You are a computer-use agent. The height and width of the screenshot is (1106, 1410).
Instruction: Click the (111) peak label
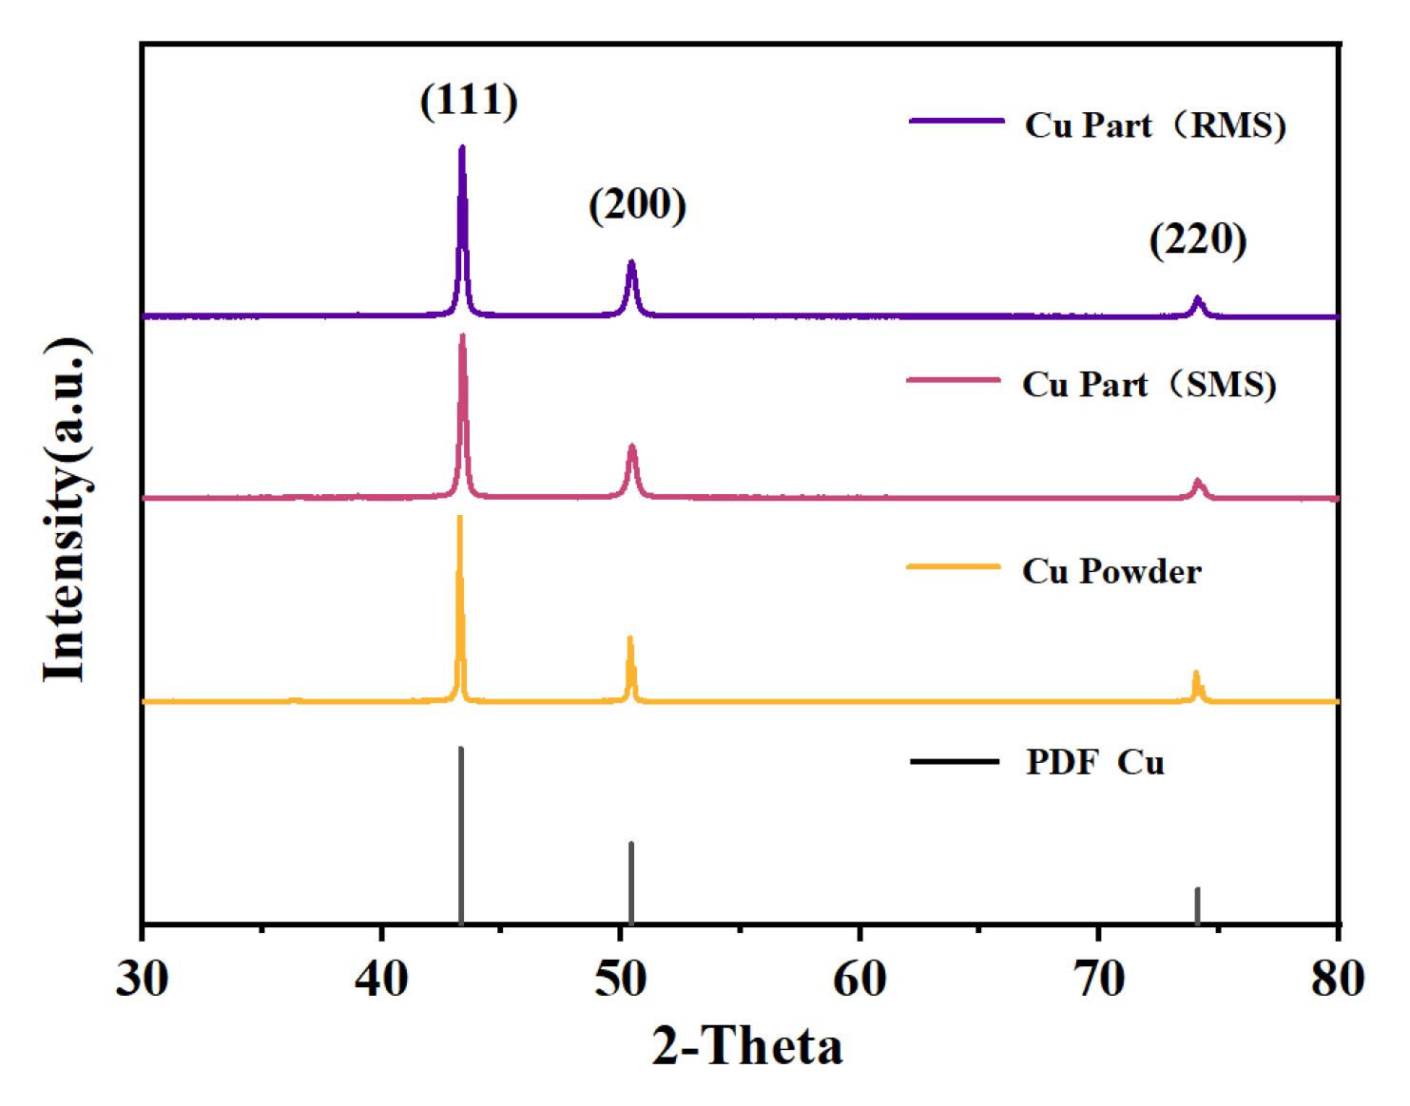(x=469, y=101)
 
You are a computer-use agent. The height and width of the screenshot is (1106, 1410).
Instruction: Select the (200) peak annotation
(x=637, y=204)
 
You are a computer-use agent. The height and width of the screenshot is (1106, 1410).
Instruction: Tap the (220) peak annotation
(x=1197, y=239)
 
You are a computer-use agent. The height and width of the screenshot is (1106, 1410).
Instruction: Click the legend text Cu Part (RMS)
(x=1154, y=125)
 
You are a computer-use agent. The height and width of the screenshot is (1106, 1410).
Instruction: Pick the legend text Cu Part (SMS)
(x=1149, y=385)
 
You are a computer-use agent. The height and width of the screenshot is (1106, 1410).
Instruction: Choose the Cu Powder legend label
(x=1111, y=571)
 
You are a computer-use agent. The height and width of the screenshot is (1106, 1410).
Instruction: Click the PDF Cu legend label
(x=1094, y=762)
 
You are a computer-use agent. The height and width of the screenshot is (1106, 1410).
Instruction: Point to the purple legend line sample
(x=956, y=122)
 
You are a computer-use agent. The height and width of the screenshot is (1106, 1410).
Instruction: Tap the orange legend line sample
(x=954, y=567)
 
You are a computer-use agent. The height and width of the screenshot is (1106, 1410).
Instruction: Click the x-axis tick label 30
(x=143, y=978)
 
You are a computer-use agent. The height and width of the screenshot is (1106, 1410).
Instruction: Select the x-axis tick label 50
(x=621, y=978)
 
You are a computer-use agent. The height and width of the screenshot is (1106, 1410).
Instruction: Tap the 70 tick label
(x=1099, y=978)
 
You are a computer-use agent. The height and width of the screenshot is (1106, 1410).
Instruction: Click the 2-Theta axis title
(x=747, y=1046)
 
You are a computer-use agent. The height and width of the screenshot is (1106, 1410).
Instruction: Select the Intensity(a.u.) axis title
(x=67, y=509)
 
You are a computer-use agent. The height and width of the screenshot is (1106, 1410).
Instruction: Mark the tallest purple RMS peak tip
(x=462, y=149)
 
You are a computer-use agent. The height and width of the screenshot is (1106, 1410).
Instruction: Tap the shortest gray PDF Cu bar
(x=1197, y=905)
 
